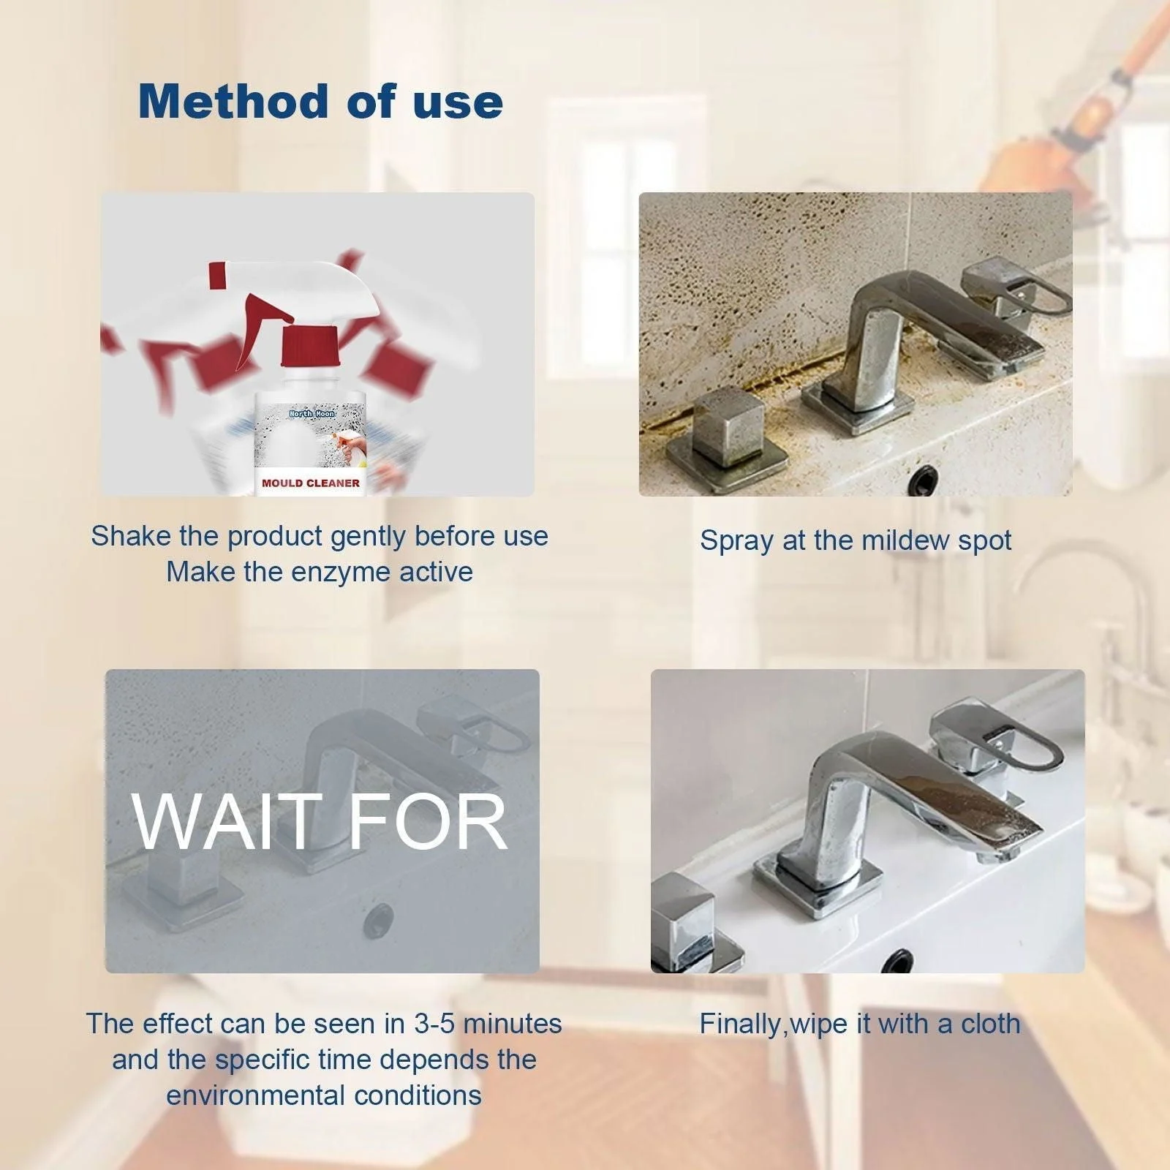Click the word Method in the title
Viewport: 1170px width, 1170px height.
[x=233, y=101]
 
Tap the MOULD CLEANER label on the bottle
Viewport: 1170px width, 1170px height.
[x=311, y=483]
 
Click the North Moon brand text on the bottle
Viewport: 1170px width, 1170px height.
[x=312, y=414]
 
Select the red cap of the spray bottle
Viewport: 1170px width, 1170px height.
[x=310, y=346]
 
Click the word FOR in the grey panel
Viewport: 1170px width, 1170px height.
[x=428, y=823]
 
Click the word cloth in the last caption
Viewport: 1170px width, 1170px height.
[x=990, y=1023]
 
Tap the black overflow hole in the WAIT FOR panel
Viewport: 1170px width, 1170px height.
[x=379, y=915]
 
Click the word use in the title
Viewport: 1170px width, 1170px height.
[x=458, y=101]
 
